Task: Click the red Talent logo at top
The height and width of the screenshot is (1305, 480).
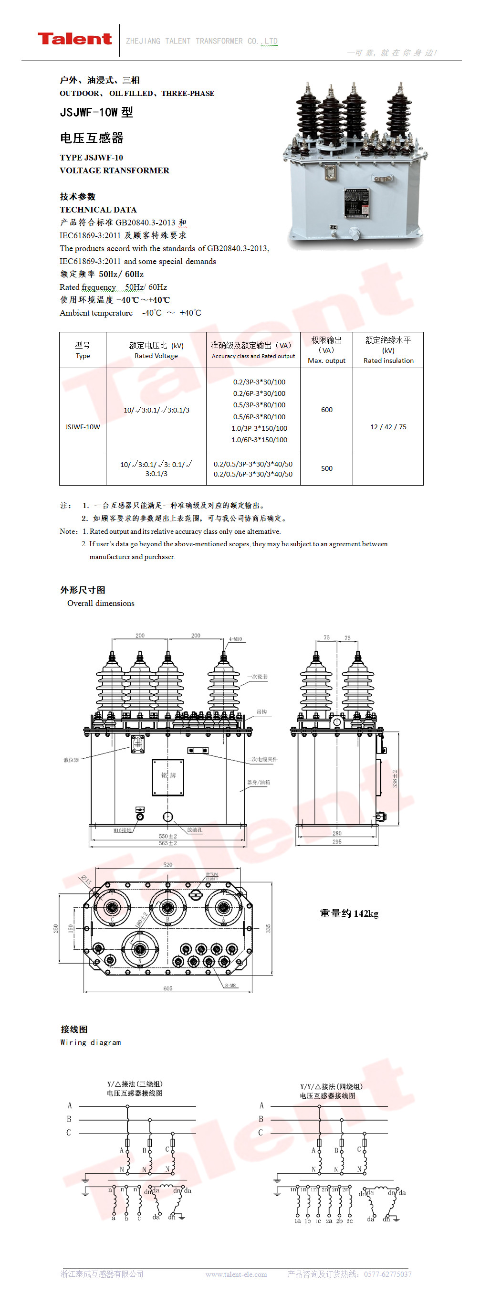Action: coord(74,39)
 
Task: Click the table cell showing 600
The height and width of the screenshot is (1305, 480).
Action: coord(326,409)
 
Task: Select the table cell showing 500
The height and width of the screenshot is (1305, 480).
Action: coord(326,468)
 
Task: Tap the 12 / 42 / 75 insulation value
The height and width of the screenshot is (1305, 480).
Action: coord(388,426)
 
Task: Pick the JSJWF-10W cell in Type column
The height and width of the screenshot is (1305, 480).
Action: coord(83,426)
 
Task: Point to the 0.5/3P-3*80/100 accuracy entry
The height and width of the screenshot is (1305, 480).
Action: coord(259,405)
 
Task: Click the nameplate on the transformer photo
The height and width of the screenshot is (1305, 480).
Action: coord(357,203)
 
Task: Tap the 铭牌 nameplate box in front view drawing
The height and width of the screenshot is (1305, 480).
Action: coord(168,775)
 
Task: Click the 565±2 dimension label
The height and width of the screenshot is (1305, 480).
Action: coord(167,843)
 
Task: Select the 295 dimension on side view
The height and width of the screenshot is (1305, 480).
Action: coord(337,841)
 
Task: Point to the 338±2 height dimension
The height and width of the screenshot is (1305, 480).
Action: coord(395,778)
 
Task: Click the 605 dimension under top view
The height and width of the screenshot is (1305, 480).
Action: coord(167,988)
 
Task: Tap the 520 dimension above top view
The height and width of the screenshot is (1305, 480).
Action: coord(167,865)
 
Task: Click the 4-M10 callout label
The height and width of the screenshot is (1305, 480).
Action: coord(235,639)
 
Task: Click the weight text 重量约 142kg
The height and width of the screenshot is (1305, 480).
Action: coord(349,913)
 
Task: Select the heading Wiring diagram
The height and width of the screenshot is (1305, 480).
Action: coord(91,1042)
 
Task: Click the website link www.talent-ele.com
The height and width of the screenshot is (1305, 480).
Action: coord(236,1274)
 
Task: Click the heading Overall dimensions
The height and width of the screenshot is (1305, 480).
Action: coord(101,603)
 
